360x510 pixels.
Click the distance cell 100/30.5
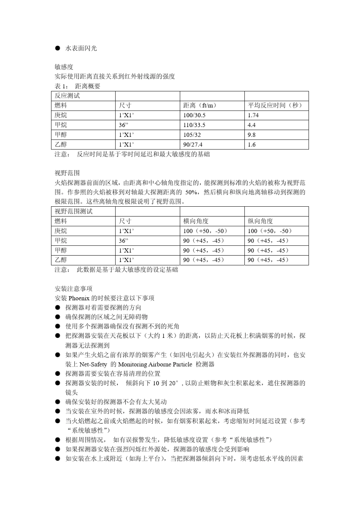pyautogui.click(x=194, y=115)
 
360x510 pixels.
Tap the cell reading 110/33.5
pyautogui.click(x=194, y=125)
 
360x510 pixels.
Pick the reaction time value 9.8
pyautogui.click(x=252, y=135)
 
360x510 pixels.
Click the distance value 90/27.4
pyautogui.click(x=193, y=144)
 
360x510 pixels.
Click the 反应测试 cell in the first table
pyautogui.click(x=67, y=96)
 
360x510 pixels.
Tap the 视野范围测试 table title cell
pyautogui.click(x=74, y=211)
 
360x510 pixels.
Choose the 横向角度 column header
pyautogui.click(x=196, y=221)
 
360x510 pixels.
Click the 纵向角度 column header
pyautogui.click(x=260, y=221)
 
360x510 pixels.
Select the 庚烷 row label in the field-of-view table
pyautogui.click(x=61, y=231)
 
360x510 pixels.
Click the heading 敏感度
pyautogui.click(x=64, y=67)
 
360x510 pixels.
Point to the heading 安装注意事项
pyautogui.click(x=74, y=289)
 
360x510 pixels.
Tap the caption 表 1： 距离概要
pyautogui.click(x=78, y=86)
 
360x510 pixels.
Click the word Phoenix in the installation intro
pyautogui.click(x=79, y=298)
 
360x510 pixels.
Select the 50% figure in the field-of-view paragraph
pyautogui.click(x=193, y=192)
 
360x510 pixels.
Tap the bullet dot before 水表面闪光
pyautogui.click(x=58, y=48)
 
